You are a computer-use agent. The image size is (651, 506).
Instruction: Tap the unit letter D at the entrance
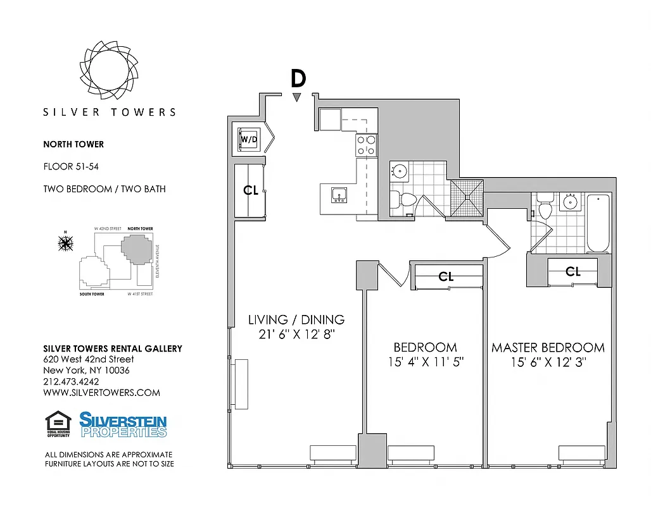click(298, 78)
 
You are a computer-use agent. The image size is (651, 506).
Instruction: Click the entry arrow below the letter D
click(297, 97)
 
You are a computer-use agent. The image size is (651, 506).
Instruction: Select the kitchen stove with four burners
click(366, 145)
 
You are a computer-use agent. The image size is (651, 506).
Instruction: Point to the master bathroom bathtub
click(598, 223)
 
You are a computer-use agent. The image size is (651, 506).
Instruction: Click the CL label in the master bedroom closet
click(573, 271)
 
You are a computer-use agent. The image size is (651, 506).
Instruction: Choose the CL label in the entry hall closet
click(251, 190)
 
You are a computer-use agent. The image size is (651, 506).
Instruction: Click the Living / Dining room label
click(296, 319)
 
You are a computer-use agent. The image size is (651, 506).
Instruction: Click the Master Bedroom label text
click(548, 348)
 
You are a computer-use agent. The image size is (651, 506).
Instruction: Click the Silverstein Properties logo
click(123, 424)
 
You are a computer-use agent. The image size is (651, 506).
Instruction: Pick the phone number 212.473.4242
click(71, 381)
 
